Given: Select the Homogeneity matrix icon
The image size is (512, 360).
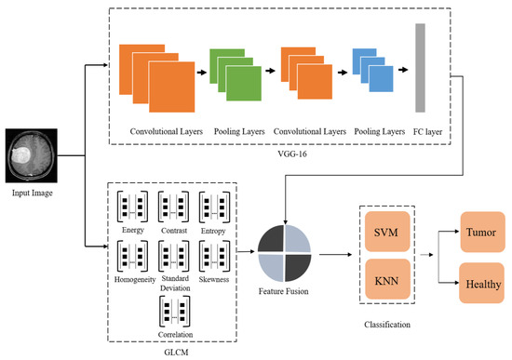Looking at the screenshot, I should point(132,254).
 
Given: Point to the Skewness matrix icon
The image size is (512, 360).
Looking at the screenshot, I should point(215,254).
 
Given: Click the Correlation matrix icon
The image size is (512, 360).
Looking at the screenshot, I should point(174,308).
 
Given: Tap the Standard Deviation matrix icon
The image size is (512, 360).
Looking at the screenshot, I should point(174,254).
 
